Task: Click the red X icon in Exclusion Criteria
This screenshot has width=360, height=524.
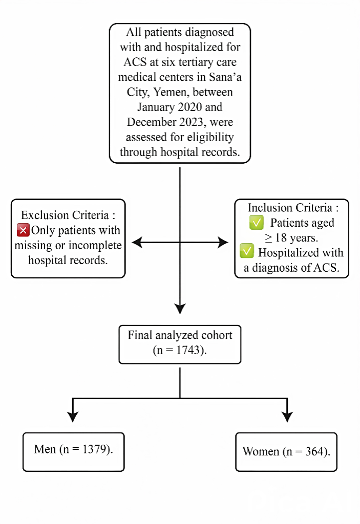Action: (x=24, y=231)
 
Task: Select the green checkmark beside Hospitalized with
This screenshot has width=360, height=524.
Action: (x=247, y=252)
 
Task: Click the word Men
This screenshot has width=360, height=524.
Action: (x=45, y=449)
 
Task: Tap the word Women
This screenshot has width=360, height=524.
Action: (x=261, y=451)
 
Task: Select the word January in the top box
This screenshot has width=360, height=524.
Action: (x=157, y=107)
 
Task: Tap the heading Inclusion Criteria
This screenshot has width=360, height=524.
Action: (x=291, y=208)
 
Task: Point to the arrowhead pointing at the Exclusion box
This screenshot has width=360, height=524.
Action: (x=136, y=242)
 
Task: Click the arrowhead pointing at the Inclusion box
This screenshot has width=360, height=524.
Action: (x=223, y=242)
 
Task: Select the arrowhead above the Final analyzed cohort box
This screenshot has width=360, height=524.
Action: (x=180, y=308)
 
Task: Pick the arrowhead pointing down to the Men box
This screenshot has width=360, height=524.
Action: (x=73, y=417)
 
